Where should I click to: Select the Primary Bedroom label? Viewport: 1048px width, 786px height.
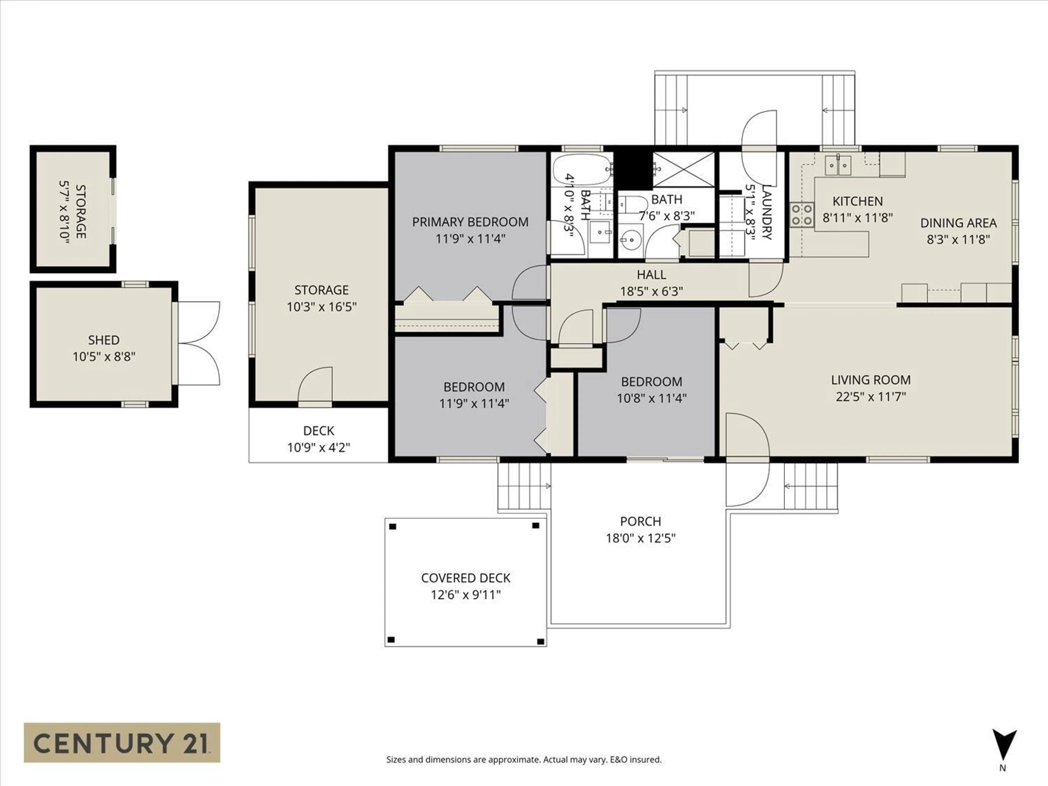pos(470,222)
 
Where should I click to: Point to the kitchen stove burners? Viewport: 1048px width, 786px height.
pos(802,215)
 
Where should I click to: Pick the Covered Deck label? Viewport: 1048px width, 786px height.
pos(466,578)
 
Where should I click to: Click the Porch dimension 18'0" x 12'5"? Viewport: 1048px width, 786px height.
pos(641,538)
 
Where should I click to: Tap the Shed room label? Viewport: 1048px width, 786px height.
pos(104,340)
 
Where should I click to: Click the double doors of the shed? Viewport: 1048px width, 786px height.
pos(199,344)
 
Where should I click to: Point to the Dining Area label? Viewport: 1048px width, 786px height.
pos(958,223)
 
